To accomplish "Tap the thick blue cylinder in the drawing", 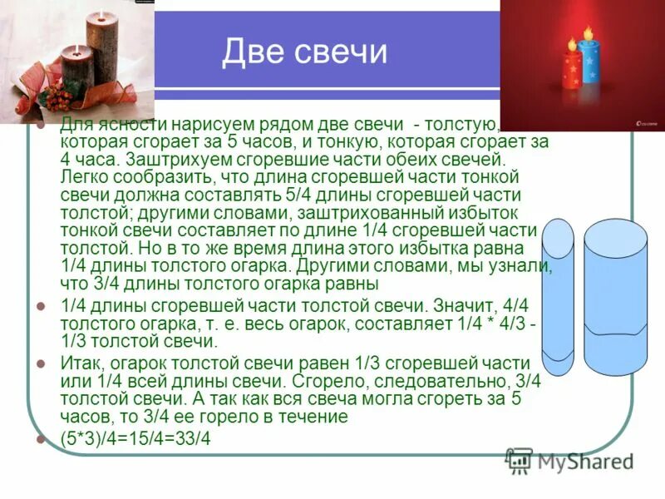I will tap(616, 308).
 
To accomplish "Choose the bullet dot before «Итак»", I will tap(41, 363).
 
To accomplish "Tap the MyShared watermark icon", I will tap(520, 459).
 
